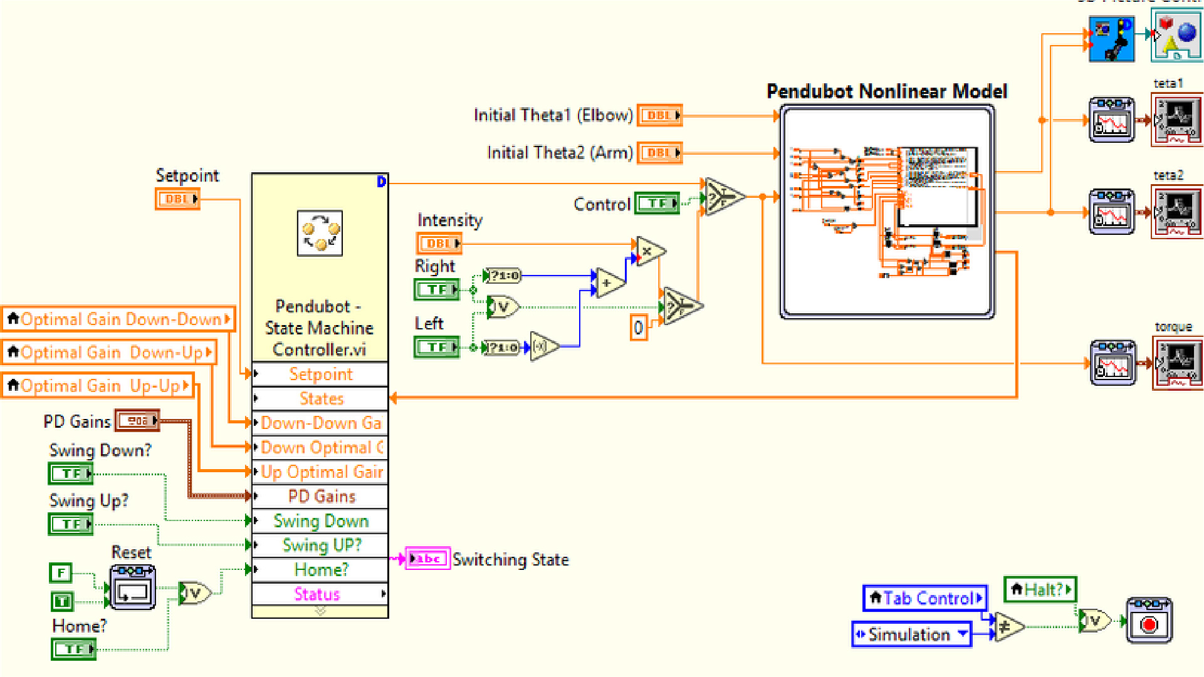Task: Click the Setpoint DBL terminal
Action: [177, 199]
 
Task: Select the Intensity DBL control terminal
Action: [439, 243]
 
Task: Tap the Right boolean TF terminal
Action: [437, 289]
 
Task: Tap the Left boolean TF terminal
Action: [437, 347]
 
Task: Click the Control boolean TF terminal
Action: [657, 203]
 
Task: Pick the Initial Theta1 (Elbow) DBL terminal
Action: [659, 115]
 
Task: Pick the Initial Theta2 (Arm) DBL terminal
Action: [659, 153]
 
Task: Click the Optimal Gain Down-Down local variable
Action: [118, 319]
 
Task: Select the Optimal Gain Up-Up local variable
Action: [98, 386]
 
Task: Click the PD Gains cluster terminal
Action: [137, 421]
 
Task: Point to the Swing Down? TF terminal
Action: [71, 474]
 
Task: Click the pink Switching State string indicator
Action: [428, 559]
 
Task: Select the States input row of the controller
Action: [320, 398]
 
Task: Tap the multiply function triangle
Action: [649, 252]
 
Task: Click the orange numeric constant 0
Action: [638, 328]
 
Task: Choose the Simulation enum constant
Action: [911, 634]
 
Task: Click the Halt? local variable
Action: [1040, 589]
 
